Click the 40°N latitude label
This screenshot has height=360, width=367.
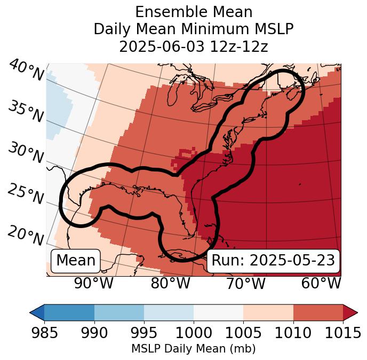[26, 71]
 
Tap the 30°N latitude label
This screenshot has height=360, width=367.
[26, 153]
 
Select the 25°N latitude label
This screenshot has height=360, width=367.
[26, 194]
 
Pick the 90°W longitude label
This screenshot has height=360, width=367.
[93, 284]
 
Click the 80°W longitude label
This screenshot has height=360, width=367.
[170, 284]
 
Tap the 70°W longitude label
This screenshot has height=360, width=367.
[246, 284]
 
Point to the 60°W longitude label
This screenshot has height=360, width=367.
[321, 284]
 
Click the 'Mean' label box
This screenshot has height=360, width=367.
[76, 261]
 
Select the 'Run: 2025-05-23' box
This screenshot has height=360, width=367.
[273, 261]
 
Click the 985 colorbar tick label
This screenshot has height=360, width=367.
[44, 333]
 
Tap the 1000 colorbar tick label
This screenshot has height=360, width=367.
[194, 333]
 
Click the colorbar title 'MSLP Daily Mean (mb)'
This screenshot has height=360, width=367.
[193, 349]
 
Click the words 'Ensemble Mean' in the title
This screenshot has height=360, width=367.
[193, 12]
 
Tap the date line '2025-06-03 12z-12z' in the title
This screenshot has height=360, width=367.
[193, 46]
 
